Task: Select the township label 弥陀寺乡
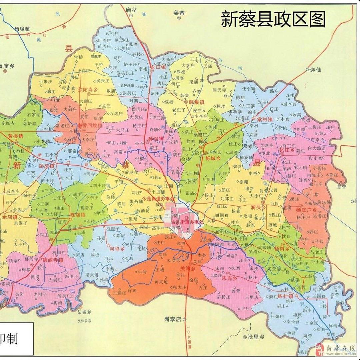87,90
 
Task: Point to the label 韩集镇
196,102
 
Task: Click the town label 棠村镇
265,119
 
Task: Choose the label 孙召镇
156,138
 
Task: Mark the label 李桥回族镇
90,126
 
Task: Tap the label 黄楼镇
16,136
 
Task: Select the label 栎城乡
214,158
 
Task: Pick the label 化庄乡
287,150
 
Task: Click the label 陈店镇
78,215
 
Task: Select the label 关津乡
188,268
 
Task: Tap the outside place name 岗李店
172,319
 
